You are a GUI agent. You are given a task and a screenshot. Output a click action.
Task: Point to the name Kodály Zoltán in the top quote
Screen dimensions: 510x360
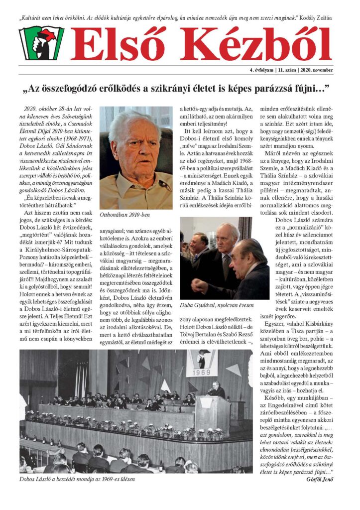tap(316, 18)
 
